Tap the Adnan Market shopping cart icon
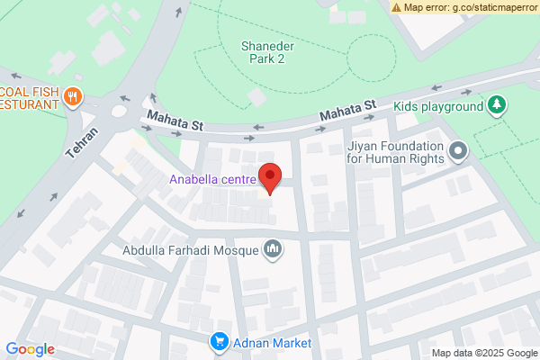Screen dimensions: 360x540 [x=219, y=343]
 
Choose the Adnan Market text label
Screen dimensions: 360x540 [x=271, y=344]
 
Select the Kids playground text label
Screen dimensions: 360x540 [x=438, y=106]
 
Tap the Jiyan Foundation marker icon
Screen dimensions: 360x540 [x=458, y=152]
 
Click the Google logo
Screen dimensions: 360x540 [x=31, y=349]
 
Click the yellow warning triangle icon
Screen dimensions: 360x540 [x=397, y=7]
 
